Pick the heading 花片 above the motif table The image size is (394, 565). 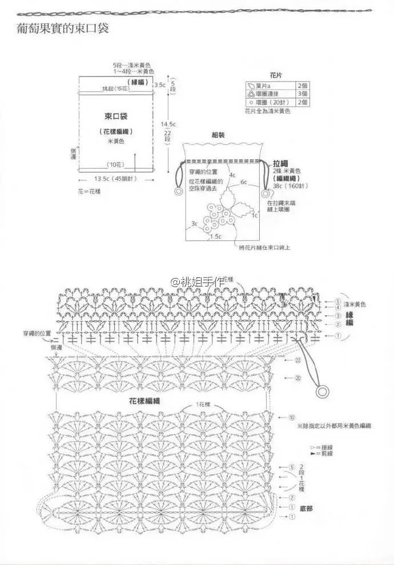[x=277, y=75]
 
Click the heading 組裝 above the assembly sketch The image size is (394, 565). [x=219, y=135]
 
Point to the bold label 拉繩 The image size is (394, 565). [x=280, y=163]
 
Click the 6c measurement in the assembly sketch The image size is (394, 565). [x=244, y=182]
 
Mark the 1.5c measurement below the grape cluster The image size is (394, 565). [x=216, y=236]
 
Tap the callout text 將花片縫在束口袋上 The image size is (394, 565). [x=265, y=248]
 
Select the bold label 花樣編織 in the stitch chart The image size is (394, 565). [x=148, y=401]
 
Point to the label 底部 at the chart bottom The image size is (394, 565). [x=307, y=507]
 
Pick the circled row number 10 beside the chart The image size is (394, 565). [x=292, y=418]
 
